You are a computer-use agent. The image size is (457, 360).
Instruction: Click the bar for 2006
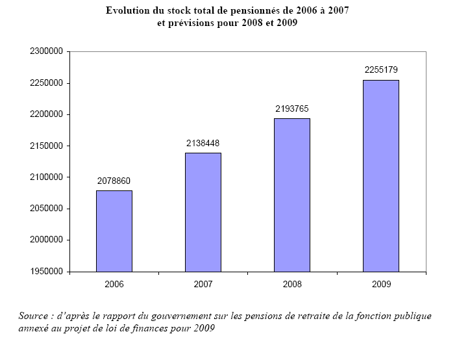(114, 231)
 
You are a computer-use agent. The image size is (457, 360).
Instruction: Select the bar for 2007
(203, 212)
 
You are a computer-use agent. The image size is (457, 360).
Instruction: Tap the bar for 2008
(292, 195)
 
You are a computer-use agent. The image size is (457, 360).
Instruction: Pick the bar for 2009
(381, 175)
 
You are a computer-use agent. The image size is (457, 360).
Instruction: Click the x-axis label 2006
(114, 285)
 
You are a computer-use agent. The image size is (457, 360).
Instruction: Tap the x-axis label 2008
(292, 285)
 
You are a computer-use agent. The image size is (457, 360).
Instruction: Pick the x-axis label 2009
(381, 285)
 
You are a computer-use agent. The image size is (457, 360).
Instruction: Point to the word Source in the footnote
(33, 316)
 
